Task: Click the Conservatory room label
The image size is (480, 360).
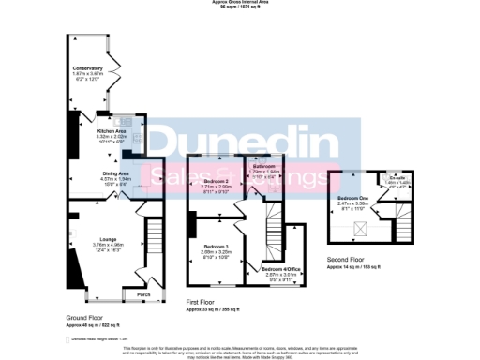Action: point(87,68)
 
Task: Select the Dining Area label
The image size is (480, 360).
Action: point(115,173)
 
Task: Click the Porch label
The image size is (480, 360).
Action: point(143,294)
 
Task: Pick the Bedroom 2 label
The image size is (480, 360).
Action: point(217,181)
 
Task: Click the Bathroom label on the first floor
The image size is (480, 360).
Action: point(266,166)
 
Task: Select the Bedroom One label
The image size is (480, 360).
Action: point(353,199)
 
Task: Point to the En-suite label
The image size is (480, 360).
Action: point(397,177)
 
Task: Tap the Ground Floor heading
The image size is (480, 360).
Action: point(84,318)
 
